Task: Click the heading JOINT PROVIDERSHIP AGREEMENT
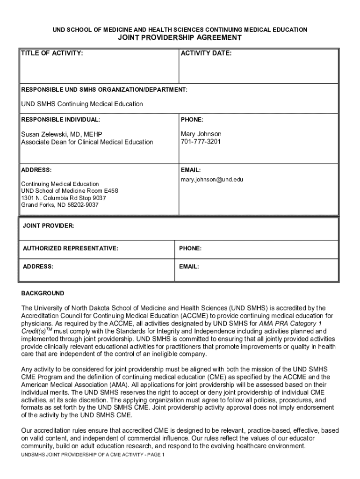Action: coord(180,38)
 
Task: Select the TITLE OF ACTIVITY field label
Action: coord(52,53)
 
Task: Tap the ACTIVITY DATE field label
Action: coord(206,53)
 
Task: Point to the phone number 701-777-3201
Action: coord(201,141)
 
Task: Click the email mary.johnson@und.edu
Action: coord(212,179)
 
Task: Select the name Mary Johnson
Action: coord(201,134)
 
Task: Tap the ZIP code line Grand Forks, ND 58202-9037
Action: coord(60,205)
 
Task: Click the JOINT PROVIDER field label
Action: coord(48,226)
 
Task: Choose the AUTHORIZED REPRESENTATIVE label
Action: coord(70,248)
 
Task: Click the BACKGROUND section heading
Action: coord(43,293)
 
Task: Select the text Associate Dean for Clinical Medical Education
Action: coord(87,142)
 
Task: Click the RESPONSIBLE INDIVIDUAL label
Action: coord(60,120)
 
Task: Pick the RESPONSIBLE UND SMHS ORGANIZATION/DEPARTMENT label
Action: coord(104,89)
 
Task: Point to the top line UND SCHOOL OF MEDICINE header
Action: coord(180,30)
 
